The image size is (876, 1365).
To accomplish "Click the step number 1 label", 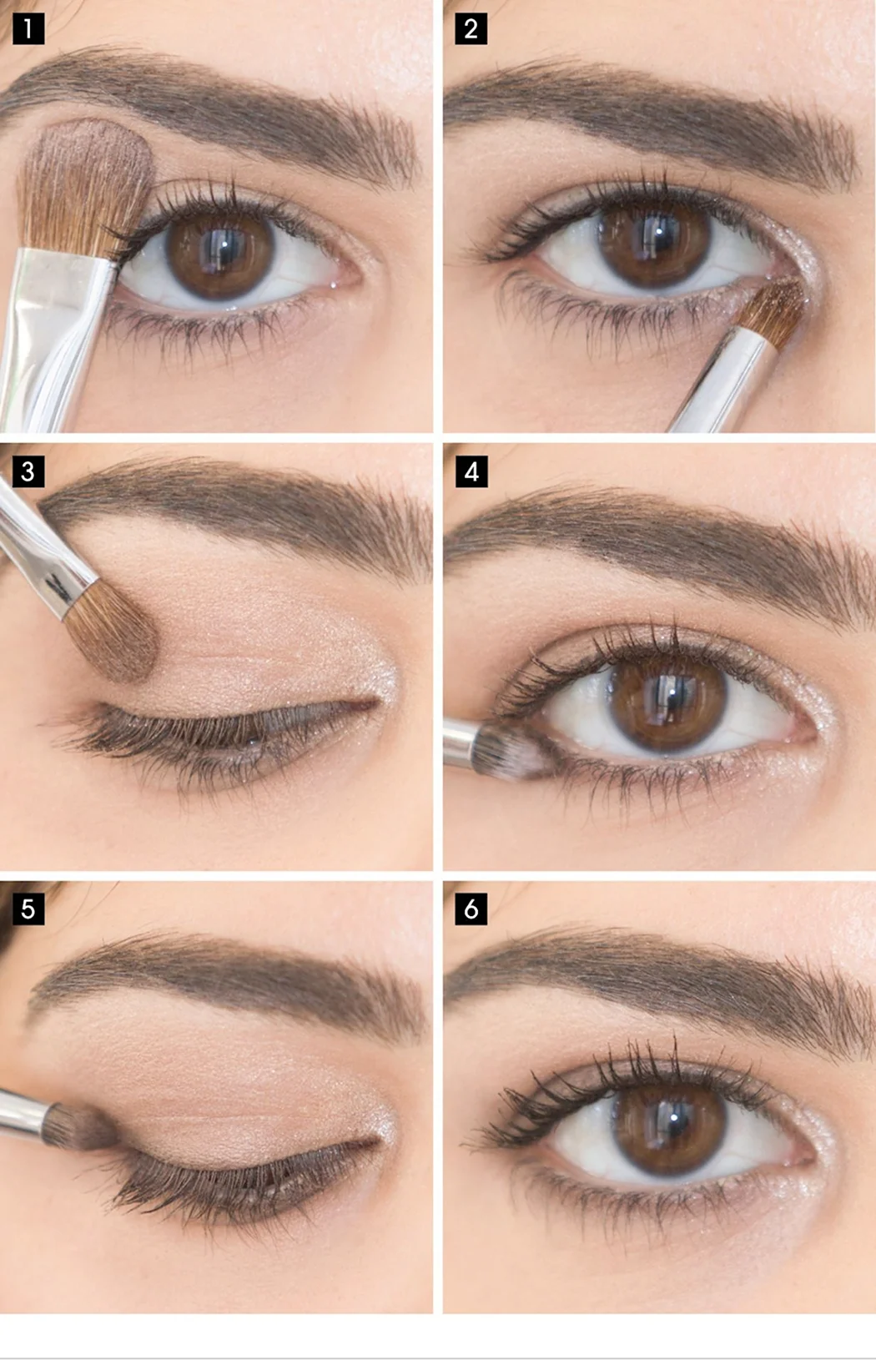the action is pyautogui.click(x=28, y=28).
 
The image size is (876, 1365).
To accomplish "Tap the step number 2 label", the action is pyautogui.click(x=471, y=28).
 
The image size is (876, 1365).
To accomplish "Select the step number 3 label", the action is pyautogui.click(x=28, y=471).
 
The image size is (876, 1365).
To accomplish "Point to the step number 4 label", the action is pyautogui.click(x=471, y=471).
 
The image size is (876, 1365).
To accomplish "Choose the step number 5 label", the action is pyautogui.click(x=28, y=909).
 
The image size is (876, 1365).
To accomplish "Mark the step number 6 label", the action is pyautogui.click(x=471, y=909).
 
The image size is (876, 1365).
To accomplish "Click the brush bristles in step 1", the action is pyautogui.click(x=85, y=186).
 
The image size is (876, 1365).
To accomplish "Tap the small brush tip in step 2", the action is pyautogui.click(x=773, y=310).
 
